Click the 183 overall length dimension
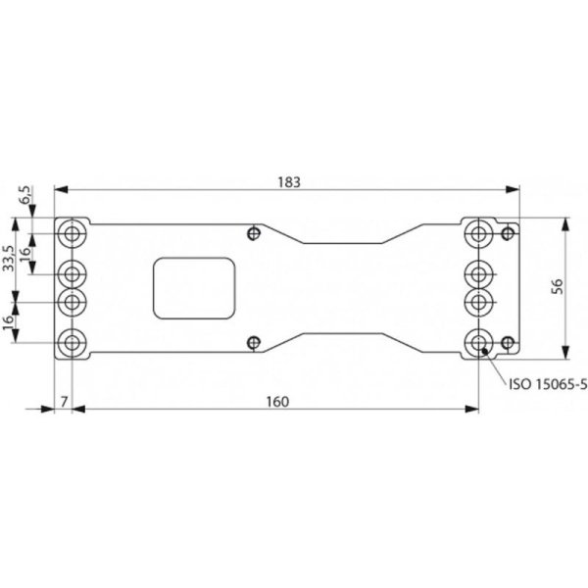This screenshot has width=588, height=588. tap(287, 181)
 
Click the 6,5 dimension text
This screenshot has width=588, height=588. tap(25, 195)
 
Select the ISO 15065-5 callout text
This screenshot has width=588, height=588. tap(546, 385)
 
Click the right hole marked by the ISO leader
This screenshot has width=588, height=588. tap(478, 343)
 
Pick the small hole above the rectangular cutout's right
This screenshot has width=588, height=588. tap(255, 233)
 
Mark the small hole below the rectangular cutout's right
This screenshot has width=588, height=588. tap(255, 342)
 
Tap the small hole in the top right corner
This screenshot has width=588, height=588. tap(508, 233)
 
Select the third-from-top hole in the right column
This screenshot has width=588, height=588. tap(478, 299)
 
